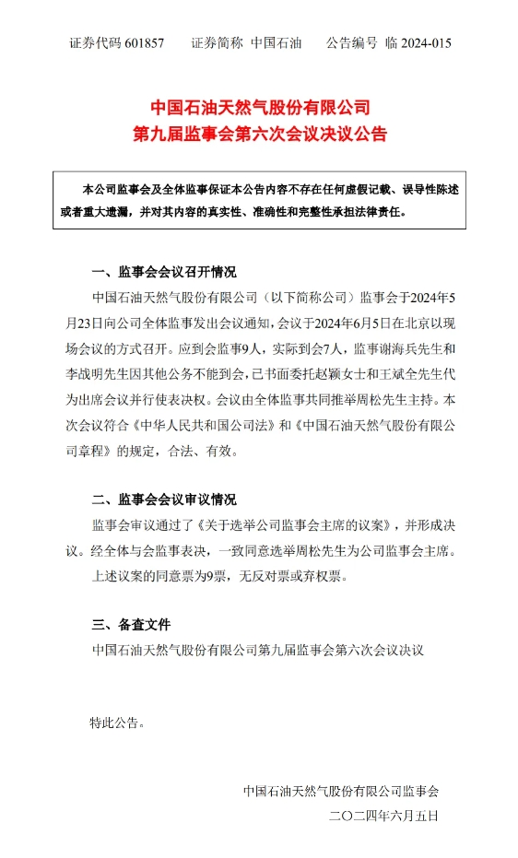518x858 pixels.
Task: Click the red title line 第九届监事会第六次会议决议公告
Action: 258,135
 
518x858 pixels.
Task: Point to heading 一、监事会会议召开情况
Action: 164,272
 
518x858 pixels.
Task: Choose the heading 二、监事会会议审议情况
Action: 164,500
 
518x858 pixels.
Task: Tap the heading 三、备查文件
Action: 130,625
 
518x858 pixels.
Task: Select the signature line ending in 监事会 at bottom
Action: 341,790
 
